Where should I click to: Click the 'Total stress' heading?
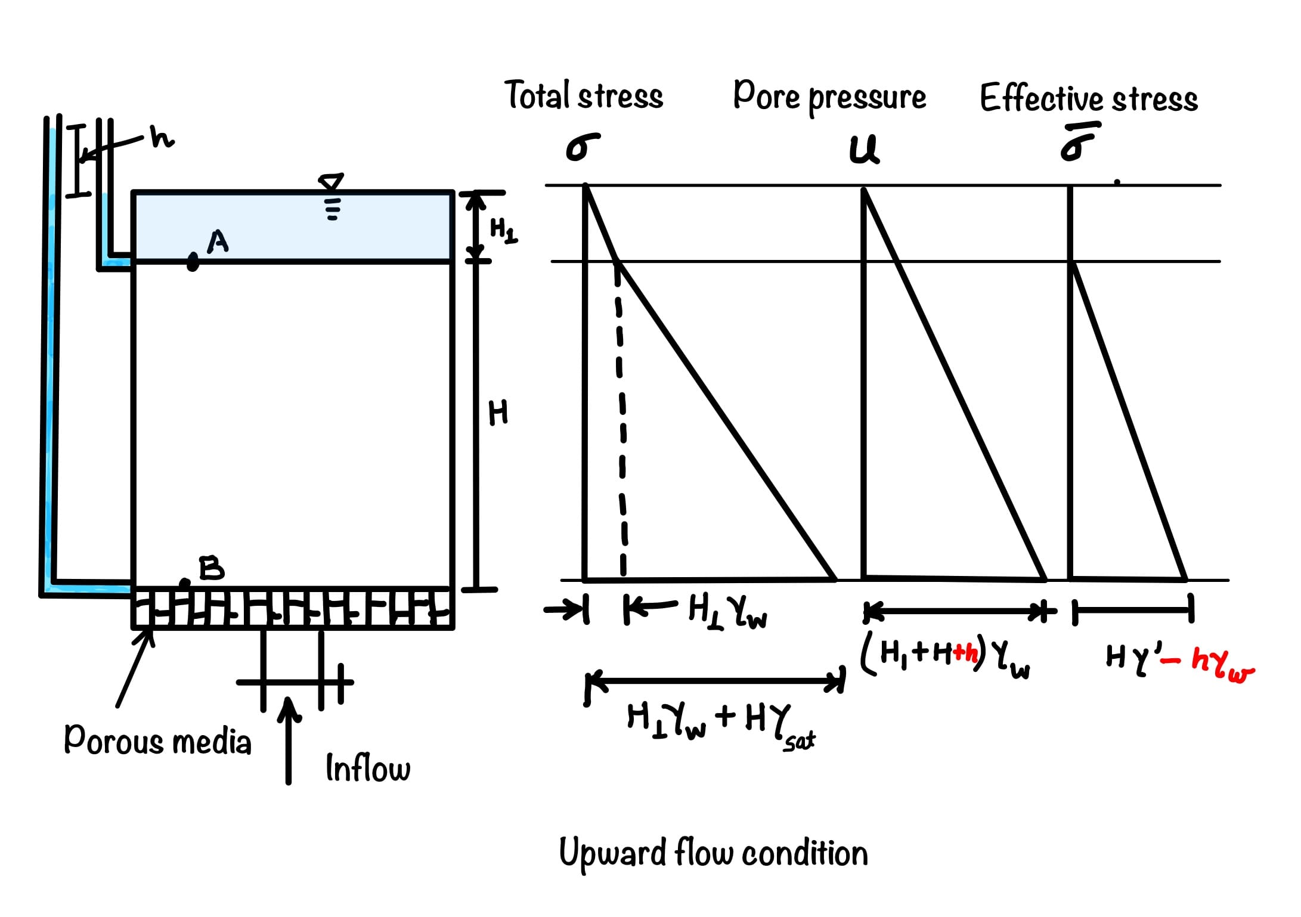pos(584,96)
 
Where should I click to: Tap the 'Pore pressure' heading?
pos(829,97)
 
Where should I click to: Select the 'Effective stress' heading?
pos(1089,99)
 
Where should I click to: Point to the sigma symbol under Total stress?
pos(581,147)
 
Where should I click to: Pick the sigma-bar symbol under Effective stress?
pos(1077,143)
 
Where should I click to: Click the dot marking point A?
pos(193,261)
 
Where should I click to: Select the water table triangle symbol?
pos(332,182)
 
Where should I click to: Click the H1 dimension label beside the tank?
pos(503,230)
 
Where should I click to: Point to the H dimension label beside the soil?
pos(498,413)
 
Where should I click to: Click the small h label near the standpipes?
pos(161,138)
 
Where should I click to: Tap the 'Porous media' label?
pos(157,741)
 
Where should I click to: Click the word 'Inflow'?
pos(368,769)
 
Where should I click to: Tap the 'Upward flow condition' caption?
pos(713,853)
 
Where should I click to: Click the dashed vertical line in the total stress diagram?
pos(621,417)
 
